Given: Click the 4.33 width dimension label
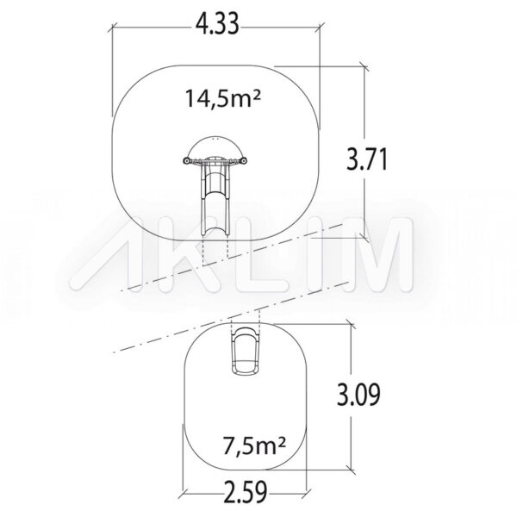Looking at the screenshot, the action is point(217,24).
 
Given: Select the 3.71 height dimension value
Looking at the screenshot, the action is point(367,159).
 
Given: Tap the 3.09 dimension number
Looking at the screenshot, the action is point(358,394).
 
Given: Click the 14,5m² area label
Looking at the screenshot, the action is point(223,98).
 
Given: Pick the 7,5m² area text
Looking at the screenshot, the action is point(254,445).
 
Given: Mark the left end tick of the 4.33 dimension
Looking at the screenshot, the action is point(112,28).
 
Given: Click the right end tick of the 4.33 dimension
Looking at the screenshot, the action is point(320,28).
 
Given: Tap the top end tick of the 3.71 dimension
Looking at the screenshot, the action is point(364,66).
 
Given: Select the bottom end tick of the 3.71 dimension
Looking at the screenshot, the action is point(364,238).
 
